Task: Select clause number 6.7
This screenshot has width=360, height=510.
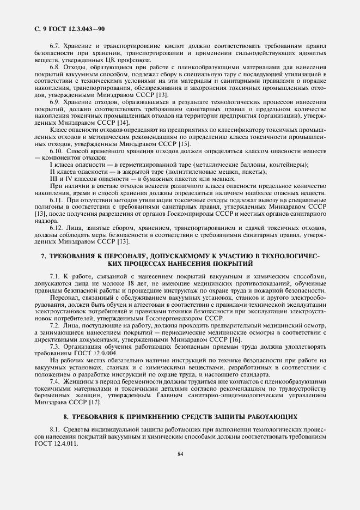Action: click(55, 46)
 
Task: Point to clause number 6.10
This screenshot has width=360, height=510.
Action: click(57, 150)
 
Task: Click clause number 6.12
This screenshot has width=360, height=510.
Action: click(57, 226)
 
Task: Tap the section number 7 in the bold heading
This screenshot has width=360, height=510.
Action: click(44, 256)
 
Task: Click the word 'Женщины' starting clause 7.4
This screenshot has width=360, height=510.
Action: click(78, 381)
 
